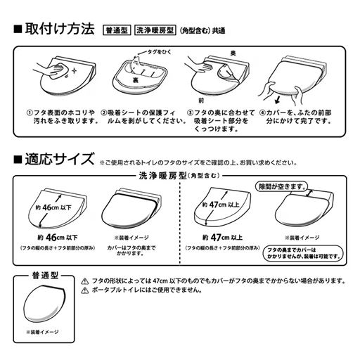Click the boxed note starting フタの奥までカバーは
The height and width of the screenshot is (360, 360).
[292, 254]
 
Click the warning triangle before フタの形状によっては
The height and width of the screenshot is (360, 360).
[85, 281]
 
